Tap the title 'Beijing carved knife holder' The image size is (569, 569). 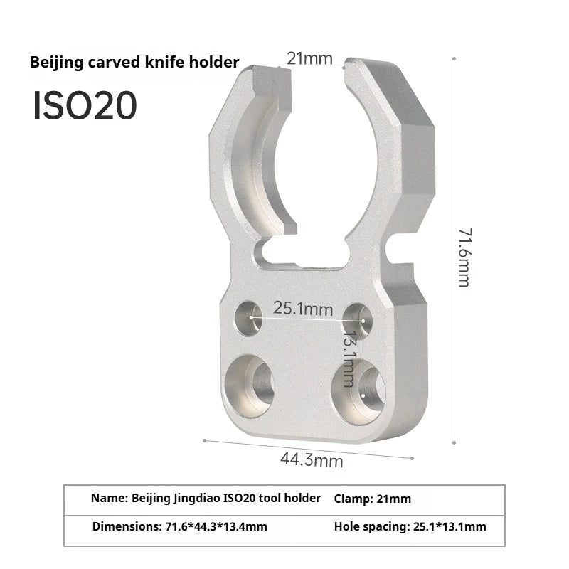[134, 63]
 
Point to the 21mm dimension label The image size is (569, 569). [309, 58]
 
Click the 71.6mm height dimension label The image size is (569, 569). [463, 257]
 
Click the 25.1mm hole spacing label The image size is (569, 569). [303, 309]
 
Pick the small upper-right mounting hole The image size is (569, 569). [357, 317]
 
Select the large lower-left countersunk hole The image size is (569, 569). [250, 385]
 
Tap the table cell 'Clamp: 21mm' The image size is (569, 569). [372, 499]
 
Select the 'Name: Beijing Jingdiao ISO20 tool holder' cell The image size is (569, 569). [206, 499]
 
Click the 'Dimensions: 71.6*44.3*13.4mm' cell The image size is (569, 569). [180, 527]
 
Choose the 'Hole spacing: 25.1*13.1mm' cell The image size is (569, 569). [410, 527]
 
